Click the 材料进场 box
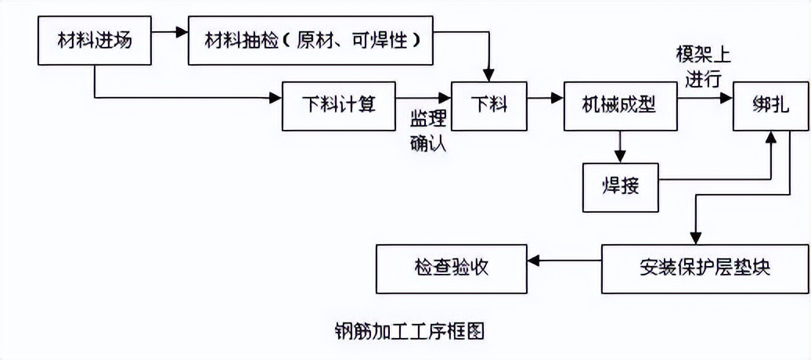tap(95, 40)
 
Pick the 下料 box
tap(488, 103)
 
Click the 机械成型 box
tap(618, 103)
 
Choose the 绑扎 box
tap(770, 103)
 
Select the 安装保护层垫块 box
tap(705, 268)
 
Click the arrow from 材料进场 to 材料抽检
tap(171, 33)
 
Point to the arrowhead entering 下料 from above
tap(488, 74)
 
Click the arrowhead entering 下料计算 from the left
tap(276, 97)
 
